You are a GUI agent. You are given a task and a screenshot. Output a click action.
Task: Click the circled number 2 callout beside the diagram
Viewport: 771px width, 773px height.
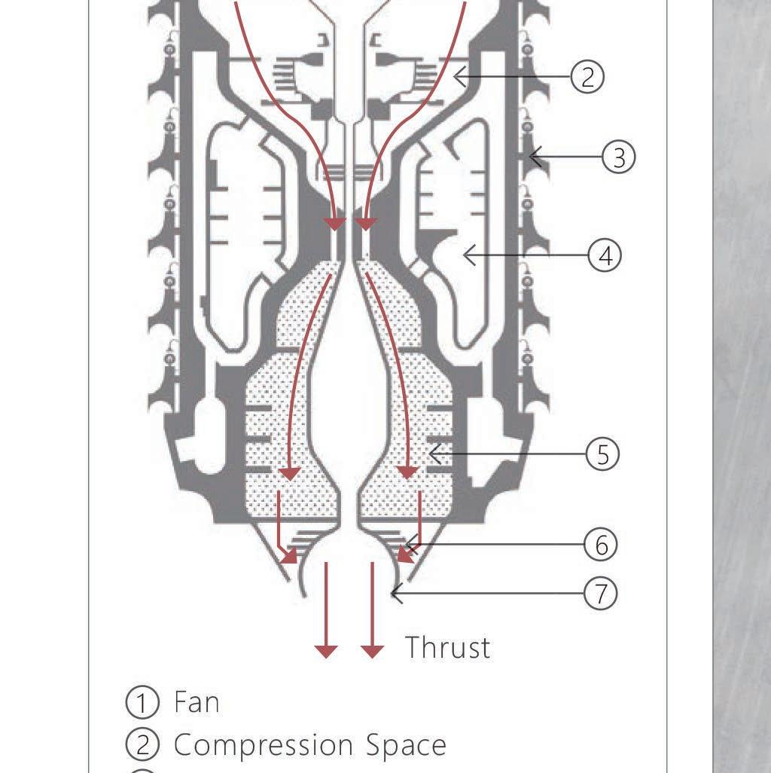pyautogui.click(x=587, y=76)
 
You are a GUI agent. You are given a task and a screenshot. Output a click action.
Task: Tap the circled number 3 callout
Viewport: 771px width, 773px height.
pyautogui.click(x=619, y=157)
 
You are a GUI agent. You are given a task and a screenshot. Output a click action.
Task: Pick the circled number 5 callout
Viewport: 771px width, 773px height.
pyautogui.click(x=602, y=454)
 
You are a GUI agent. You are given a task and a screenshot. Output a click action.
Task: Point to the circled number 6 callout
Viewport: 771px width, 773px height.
pyautogui.click(x=601, y=544)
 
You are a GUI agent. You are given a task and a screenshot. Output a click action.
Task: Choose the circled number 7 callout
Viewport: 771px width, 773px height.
pyautogui.click(x=601, y=594)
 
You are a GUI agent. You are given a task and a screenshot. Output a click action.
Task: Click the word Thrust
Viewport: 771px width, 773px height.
pyautogui.click(x=447, y=647)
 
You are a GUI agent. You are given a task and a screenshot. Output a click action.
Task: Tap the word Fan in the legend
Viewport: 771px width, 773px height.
pyautogui.click(x=197, y=702)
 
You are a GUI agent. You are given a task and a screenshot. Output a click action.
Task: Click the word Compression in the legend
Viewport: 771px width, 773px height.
pyautogui.click(x=264, y=745)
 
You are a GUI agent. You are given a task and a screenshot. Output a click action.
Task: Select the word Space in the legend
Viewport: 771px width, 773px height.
pyautogui.click(x=407, y=745)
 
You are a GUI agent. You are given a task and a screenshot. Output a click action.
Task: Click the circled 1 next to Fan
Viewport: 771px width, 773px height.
pyautogui.click(x=142, y=702)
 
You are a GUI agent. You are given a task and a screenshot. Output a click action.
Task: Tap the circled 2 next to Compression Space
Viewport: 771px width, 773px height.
pyautogui.click(x=142, y=745)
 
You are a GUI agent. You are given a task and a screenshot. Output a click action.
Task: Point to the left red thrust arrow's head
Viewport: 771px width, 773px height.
pyautogui.click(x=326, y=650)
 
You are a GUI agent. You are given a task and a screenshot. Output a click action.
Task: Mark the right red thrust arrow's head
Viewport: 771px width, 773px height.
pyautogui.click(x=372, y=650)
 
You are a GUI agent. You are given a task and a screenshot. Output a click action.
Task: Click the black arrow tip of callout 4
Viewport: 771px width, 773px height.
pyautogui.click(x=465, y=256)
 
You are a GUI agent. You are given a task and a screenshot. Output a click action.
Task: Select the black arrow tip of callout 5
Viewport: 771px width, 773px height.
pyautogui.click(x=429, y=454)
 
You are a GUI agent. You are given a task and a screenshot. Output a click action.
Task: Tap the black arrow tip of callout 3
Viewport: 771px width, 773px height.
pyautogui.click(x=531, y=157)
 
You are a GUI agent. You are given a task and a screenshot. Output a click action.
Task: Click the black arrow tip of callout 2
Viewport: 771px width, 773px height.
pyautogui.click(x=455, y=75)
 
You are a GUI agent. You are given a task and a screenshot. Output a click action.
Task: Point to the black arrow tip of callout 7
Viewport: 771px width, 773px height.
pyautogui.click(x=392, y=594)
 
